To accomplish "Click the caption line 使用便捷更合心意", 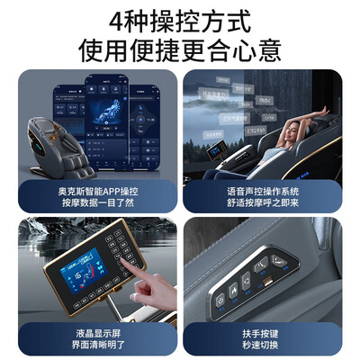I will tap(180, 46).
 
